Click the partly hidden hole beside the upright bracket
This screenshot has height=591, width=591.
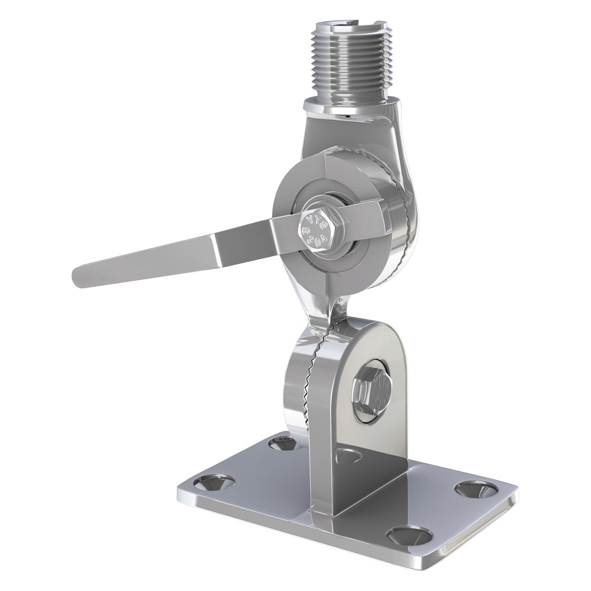[345, 458]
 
